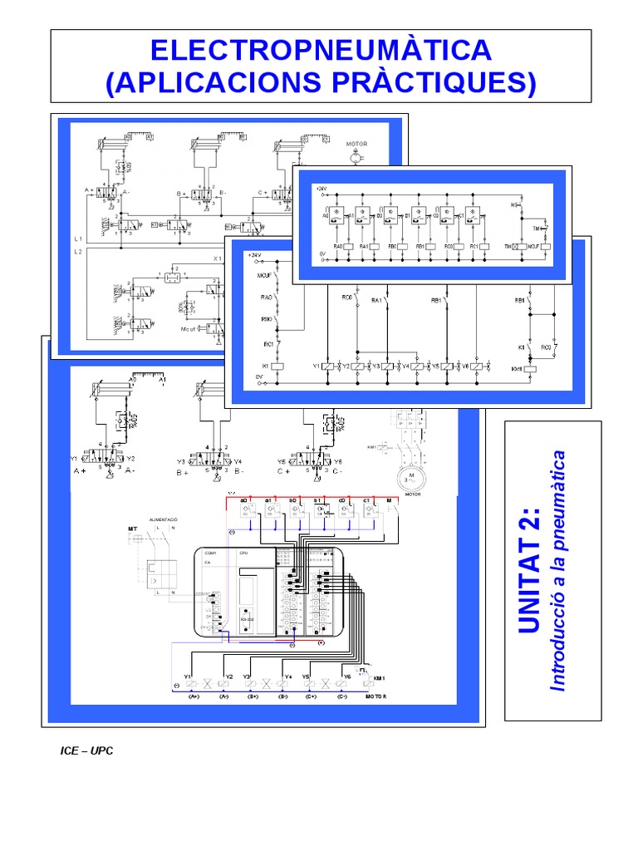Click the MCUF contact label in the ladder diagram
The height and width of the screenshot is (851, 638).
point(265,275)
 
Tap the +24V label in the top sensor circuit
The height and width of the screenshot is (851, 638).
point(322,189)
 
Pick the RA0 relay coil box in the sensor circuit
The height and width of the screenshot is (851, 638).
point(338,247)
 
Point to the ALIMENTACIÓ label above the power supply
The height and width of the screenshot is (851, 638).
point(164,519)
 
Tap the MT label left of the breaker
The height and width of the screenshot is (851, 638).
point(131,529)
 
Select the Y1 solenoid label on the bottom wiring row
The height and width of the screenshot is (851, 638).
point(188,676)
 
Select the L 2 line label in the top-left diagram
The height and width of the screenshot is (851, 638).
point(77,250)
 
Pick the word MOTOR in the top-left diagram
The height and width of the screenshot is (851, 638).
point(356,144)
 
